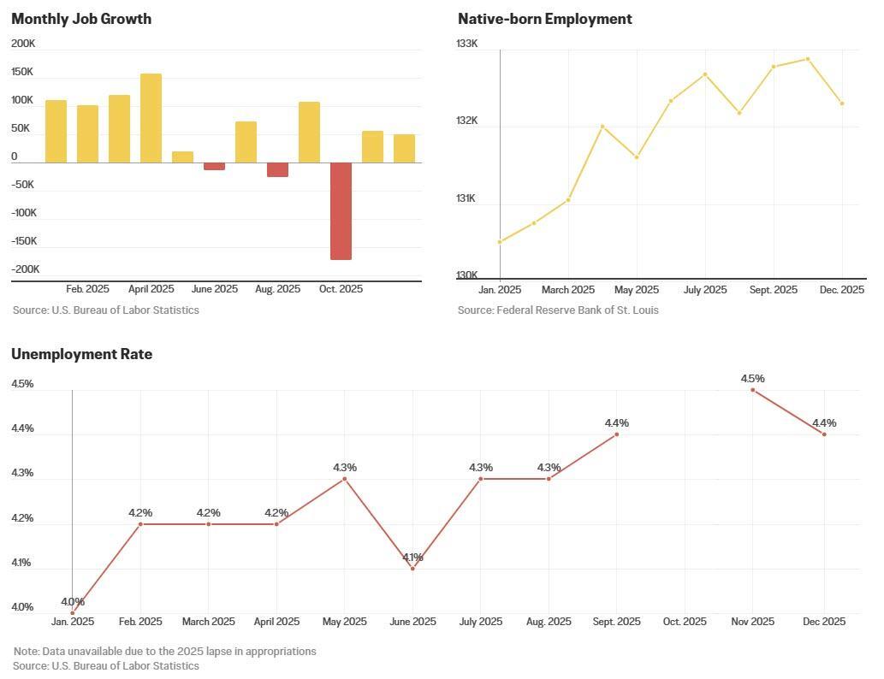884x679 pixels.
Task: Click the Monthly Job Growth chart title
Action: tap(81, 19)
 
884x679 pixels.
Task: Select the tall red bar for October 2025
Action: tap(341, 210)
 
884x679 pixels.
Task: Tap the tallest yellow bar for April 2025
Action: tap(151, 118)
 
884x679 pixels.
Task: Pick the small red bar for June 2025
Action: tap(214, 166)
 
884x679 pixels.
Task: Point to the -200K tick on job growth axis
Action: tap(26, 269)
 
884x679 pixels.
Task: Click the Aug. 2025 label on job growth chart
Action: tap(277, 289)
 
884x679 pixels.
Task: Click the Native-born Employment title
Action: tap(544, 19)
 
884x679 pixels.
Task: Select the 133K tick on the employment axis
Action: tap(467, 44)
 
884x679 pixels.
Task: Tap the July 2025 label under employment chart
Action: tap(704, 290)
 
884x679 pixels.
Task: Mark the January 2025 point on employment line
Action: tap(500, 242)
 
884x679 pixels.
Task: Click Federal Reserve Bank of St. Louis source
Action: tap(558, 310)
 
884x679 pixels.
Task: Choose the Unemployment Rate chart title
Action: tap(81, 354)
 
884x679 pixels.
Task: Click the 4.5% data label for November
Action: tap(753, 378)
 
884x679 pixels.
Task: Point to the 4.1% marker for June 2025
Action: tap(412, 568)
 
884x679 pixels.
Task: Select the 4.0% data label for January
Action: tap(73, 601)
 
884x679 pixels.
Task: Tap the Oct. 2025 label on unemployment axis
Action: tap(685, 622)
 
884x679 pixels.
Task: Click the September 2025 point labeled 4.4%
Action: tap(616, 434)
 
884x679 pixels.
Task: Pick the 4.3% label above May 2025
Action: tap(345, 467)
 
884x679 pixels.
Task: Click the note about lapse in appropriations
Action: tap(165, 651)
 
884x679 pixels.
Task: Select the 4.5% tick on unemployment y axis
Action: tap(22, 384)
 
